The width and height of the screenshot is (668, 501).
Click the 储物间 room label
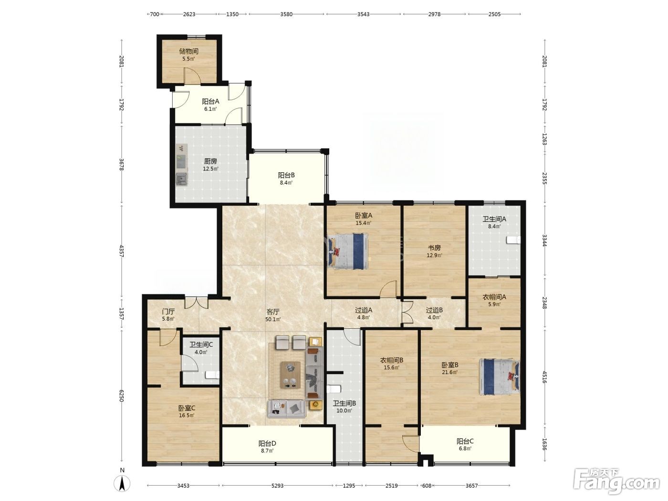click(x=188, y=51)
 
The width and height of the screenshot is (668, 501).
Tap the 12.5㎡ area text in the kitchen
click(x=210, y=169)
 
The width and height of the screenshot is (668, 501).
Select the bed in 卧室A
click(x=348, y=251)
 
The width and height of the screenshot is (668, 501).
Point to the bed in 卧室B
click(x=500, y=376)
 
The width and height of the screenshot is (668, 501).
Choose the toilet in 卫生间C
click(x=212, y=375)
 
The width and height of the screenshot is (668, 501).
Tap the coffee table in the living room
click(x=290, y=375)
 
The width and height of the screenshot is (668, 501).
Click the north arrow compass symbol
click(x=122, y=483)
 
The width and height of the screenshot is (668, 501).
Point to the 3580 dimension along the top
click(x=286, y=14)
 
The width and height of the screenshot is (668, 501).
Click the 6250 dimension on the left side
click(x=121, y=396)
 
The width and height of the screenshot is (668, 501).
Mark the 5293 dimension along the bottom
click(x=277, y=486)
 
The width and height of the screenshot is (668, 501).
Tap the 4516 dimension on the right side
click(x=544, y=376)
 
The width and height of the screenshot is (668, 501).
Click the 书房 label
click(x=434, y=248)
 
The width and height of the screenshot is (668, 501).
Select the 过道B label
click(x=434, y=310)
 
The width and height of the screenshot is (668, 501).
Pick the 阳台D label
click(x=267, y=444)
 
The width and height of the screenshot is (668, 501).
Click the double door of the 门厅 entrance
click(x=197, y=302)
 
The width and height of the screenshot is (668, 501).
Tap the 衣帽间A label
click(x=494, y=297)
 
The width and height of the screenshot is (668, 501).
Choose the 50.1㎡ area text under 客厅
click(x=273, y=319)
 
